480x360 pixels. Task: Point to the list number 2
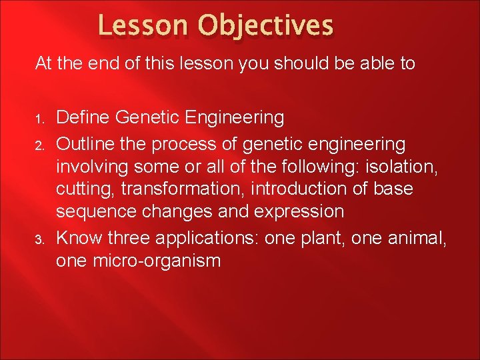(39, 145)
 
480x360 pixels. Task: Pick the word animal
(419, 237)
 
